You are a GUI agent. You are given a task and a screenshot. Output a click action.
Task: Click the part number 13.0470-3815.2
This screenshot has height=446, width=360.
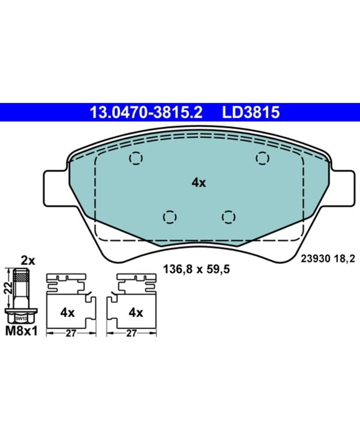point(146,112)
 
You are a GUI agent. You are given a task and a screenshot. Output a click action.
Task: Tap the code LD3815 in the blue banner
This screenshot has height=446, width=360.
point(251,112)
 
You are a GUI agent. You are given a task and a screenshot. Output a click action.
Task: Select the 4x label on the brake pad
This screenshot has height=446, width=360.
point(199,183)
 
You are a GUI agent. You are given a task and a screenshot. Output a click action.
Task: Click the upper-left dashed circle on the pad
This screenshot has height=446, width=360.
point(136,158)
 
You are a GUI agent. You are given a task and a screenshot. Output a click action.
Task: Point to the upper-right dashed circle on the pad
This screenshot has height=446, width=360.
point(262,158)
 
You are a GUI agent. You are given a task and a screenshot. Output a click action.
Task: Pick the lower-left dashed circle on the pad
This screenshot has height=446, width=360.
point(170,218)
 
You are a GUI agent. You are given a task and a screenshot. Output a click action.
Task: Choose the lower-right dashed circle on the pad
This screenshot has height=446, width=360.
point(229,218)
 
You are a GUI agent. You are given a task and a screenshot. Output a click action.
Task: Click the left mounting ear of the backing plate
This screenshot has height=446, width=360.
point(55,187)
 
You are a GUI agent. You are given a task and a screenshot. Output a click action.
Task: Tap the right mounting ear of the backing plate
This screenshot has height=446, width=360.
point(343,187)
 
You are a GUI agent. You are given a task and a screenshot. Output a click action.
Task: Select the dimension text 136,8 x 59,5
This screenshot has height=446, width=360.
point(196,269)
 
